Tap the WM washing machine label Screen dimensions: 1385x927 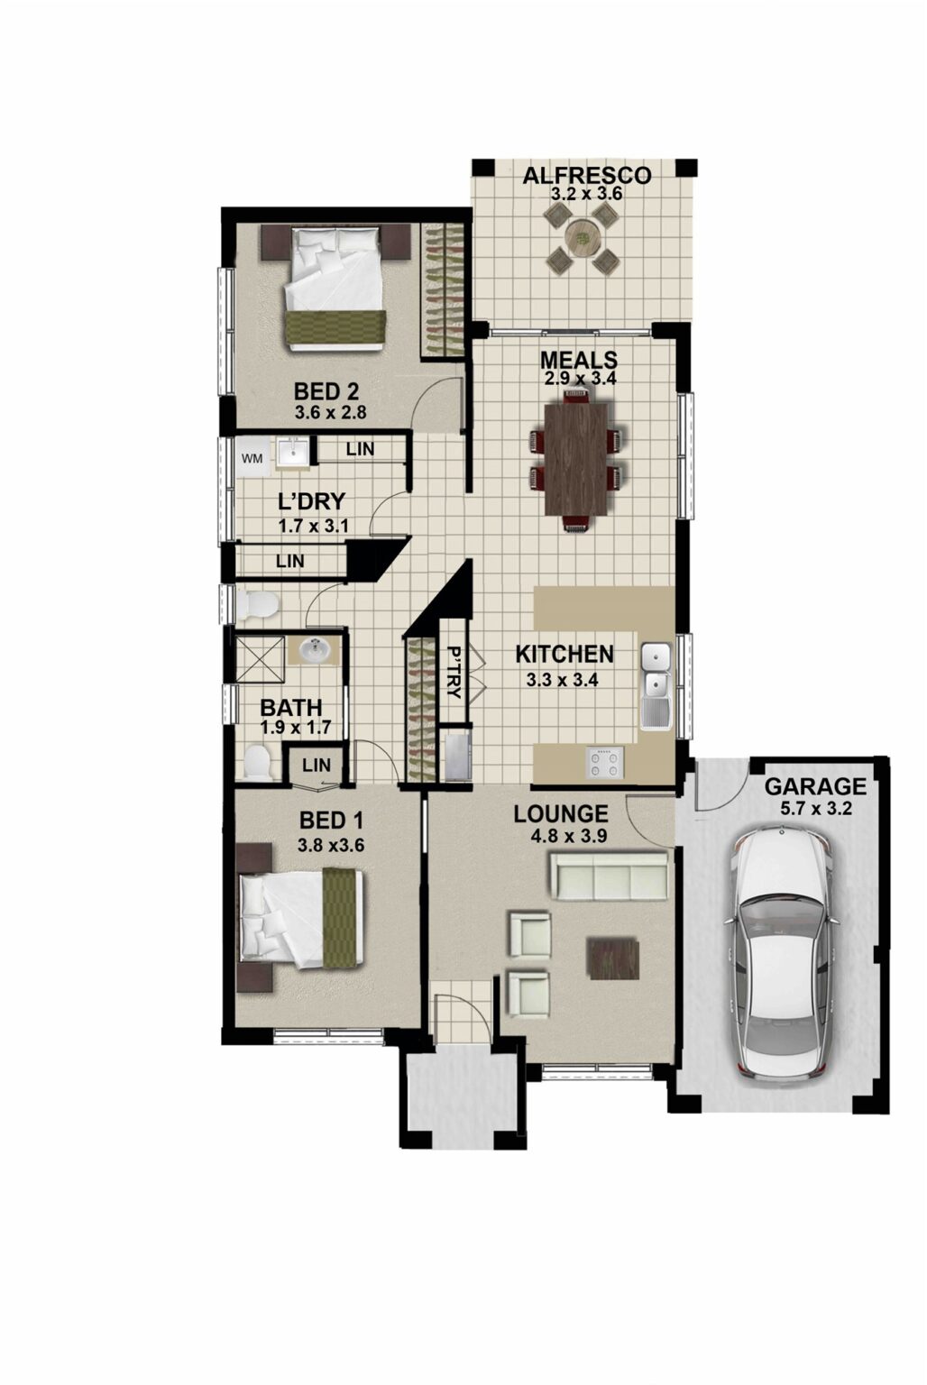[x=253, y=458]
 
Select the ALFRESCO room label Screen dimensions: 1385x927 [x=587, y=174]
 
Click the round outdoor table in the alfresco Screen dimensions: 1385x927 [x=583, y=238]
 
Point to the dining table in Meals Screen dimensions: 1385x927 [x=574, y=458]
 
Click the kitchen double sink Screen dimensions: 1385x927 [x=655, y=672]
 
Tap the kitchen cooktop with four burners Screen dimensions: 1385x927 [x=604, y=763]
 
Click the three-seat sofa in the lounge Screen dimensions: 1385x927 [x=610, y=874]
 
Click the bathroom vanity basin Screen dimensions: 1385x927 [x=313, y=650]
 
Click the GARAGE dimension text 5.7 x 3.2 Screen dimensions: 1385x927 [x=814, y=809]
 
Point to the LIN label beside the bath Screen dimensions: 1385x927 [x=316, y=766]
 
